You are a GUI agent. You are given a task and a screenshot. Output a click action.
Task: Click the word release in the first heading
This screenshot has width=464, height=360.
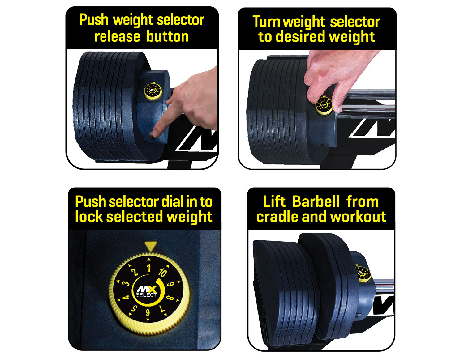coord(117,37)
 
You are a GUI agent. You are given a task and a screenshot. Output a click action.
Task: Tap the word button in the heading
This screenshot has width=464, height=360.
coord(167,37)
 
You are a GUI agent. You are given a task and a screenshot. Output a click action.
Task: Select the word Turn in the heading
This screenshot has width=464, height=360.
coord(267,22)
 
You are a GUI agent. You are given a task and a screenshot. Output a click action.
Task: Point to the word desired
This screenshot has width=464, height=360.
coord(300,37)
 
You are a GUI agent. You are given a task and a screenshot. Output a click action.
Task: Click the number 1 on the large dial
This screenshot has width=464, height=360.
coord(149,268)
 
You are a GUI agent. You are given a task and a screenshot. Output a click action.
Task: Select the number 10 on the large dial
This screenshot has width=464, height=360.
coord(162,272)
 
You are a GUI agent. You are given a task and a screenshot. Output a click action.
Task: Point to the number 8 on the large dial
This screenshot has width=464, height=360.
coord(170,298)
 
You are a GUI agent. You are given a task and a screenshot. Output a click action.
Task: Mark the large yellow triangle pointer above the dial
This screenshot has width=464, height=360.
coord(151,246)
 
